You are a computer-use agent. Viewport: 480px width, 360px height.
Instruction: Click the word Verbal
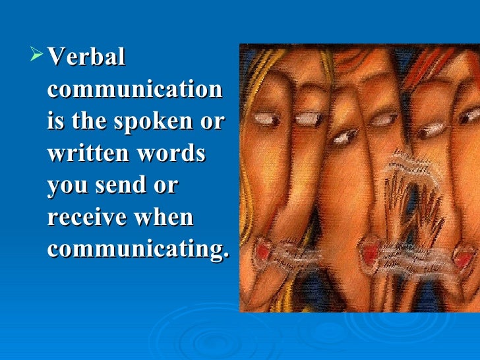tap(86, 57)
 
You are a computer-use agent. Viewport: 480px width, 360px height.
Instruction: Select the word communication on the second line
tap(135, 89)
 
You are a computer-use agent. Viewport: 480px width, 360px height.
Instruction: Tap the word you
tap(67, 186)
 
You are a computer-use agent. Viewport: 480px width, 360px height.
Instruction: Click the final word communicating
tap(138, 250)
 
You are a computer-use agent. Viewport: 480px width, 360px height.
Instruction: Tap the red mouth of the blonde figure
tap(263, 250)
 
